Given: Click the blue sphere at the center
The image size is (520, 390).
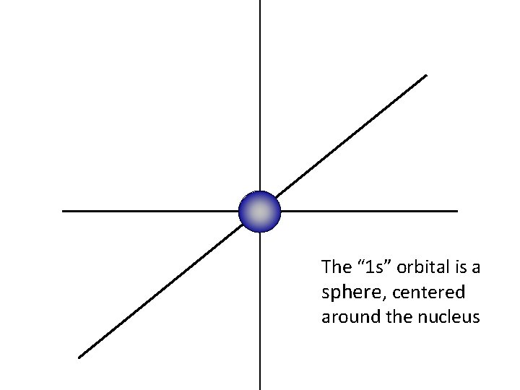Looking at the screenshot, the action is pyautogui.click(x=259, y=212).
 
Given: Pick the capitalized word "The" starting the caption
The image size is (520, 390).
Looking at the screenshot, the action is pyautogui.click(x=336, y=267).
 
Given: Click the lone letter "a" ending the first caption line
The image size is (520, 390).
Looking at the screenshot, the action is pyautogui.click(x=475, y=268).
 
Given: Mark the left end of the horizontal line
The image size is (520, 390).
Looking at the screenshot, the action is pyautogui.click(x=64, y=211).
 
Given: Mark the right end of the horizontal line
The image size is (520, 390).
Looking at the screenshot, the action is pyautogui.click(x=456, y=211).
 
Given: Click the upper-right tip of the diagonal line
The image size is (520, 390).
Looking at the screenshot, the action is pyautogui.click(x=426, y=75).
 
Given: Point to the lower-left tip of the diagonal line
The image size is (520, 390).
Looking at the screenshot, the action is pyautogui.click(x=79, y=357).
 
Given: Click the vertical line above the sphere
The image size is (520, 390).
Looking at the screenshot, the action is pyautogui.click(x=260, y=94).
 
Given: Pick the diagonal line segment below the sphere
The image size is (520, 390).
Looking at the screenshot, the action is pyautogui.click(x=159, y=292).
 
